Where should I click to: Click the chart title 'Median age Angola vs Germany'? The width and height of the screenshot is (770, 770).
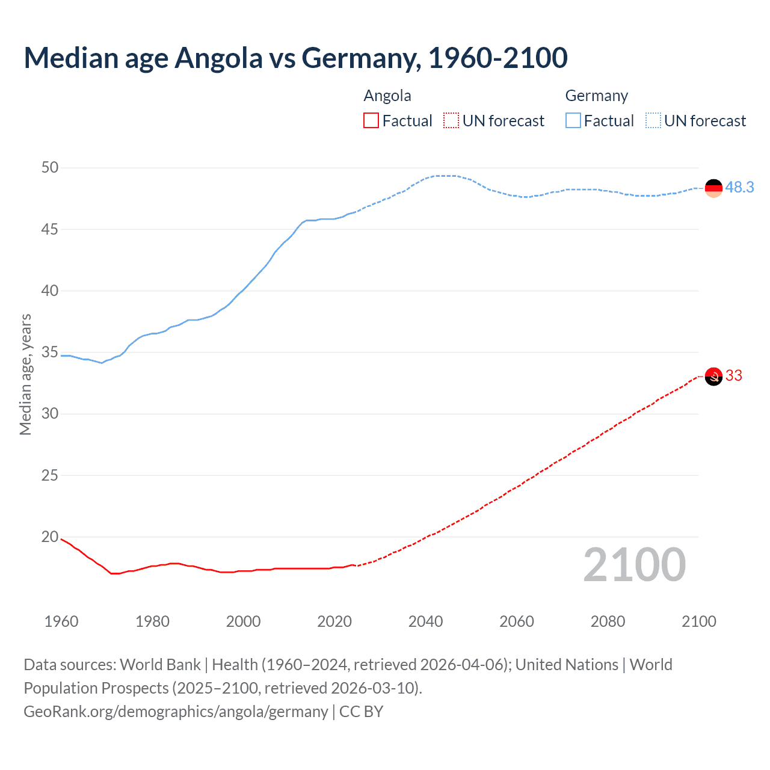tap(295, 58)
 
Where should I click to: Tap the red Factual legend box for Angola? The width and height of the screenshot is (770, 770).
tap(371, 121)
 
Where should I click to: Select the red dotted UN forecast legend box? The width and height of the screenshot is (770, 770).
tap(451, 121)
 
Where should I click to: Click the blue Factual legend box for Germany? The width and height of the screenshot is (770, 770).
tap(573, 121)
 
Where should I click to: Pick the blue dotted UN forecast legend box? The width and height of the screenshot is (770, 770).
tap(653, 121)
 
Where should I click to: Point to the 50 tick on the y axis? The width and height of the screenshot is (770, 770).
tap(50, 168)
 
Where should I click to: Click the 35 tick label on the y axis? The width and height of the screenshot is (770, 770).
tap(50, 352)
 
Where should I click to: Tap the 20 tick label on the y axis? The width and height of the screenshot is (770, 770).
tap(50, 537)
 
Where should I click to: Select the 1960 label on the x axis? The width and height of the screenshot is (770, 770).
tap(61, 621)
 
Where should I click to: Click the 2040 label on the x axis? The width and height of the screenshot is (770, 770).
tap(425, 621)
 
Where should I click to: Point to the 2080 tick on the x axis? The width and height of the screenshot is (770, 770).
tap(608, 621)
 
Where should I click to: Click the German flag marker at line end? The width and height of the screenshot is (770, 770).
tap(713, 188)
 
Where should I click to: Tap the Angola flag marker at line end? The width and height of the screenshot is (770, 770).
tap(713, 377)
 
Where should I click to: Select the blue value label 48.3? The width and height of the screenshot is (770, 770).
tap(739, 188)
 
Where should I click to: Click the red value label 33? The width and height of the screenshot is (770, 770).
tap(734, 376)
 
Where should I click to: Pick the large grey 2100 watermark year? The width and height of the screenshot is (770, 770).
tap(634, 565)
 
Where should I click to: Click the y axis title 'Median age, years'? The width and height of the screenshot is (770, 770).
tap(25, 374)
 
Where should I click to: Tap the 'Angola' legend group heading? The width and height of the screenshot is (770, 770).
tap(387, 96)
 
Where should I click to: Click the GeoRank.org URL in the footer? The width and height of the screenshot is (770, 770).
tap(176, 712)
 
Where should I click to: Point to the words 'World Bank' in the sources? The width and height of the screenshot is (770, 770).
tap(160, 665)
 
